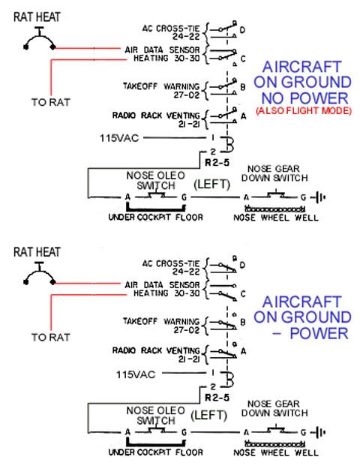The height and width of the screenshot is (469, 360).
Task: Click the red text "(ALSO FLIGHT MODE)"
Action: [304, 110]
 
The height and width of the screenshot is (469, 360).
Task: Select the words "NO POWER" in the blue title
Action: [305, 98]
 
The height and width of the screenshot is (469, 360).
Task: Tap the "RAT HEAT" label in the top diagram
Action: [37, 17]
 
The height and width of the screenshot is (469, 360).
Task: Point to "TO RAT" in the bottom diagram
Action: [51, 337]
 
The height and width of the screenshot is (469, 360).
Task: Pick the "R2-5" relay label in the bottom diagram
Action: [217, 398]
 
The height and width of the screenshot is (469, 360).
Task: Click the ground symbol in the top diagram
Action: [319, 197]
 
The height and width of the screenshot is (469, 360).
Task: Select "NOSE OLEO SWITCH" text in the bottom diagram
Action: [156, 416]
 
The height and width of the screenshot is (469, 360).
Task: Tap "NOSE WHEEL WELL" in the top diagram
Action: [276, 218]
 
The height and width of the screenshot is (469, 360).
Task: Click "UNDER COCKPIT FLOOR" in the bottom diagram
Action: [155, 452]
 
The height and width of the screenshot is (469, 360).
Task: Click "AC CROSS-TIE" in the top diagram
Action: [171, 29]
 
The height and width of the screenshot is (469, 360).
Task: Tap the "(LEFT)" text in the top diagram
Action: [212, 185]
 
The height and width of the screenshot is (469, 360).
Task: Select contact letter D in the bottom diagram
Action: [242, 265]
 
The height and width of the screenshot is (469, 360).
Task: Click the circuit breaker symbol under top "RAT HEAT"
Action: [40, 39]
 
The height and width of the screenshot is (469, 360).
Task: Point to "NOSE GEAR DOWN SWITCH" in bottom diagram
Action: [274, 408]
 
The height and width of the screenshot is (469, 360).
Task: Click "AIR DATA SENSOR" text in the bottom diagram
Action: [162, 285]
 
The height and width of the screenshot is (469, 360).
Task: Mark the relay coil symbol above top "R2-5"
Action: [228, 143]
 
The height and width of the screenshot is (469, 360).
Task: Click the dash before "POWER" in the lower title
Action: [277, 333]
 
